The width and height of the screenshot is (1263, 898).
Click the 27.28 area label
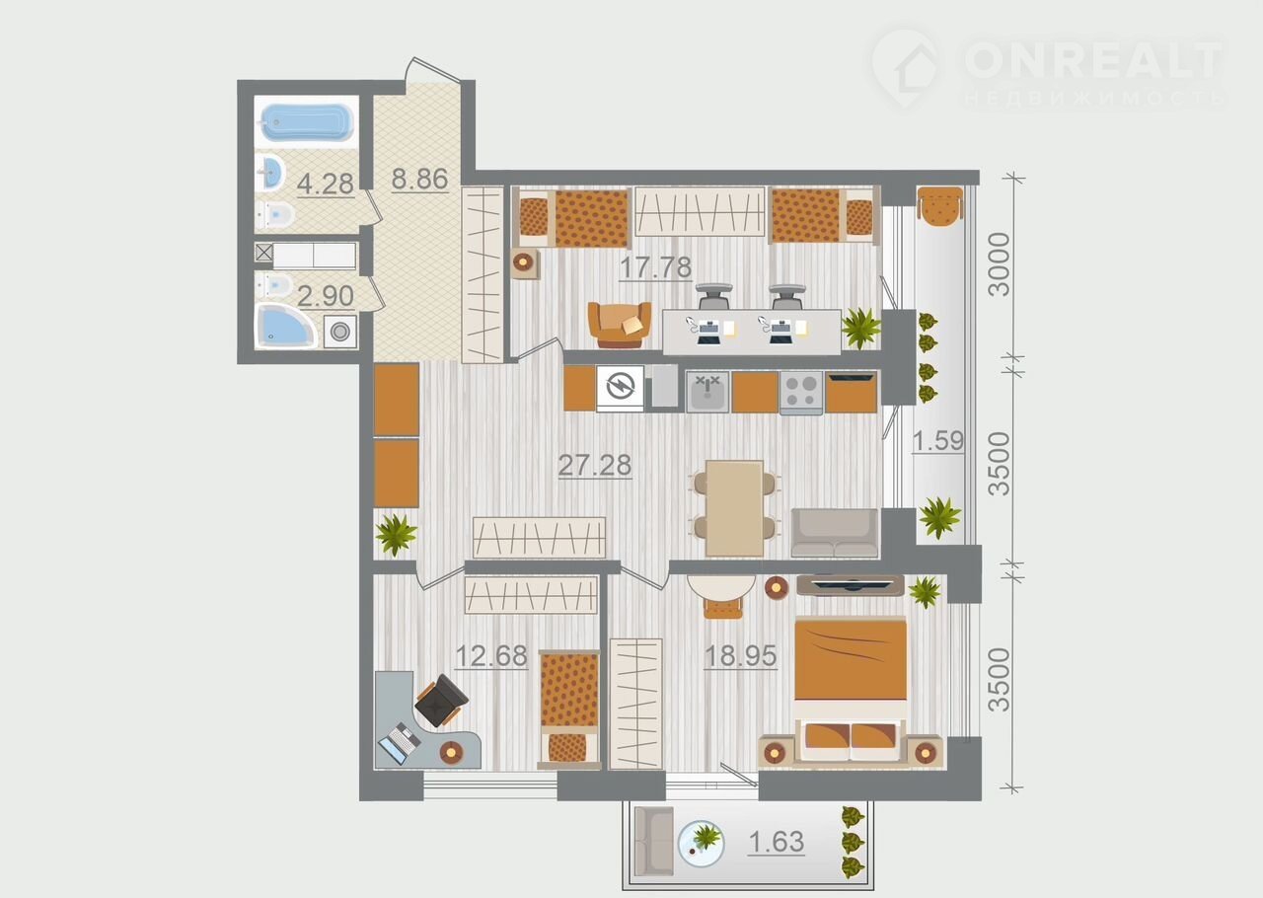pyautogui.click(x=594, y=466)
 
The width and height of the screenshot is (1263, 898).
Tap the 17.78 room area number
pyautogui.click(x=655, y=267)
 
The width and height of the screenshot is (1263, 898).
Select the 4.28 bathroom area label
pyautogui.click(x=326, y=184)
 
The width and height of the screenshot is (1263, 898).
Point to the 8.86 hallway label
pyautogui.click(x=420, y=179)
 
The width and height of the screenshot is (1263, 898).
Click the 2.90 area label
pyautogui.click(x=326, y=296)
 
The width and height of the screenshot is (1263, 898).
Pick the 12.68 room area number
pyautogui.click(x=491, y=656)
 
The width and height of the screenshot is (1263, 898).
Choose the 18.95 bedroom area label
pyautogui.click(x=741, y=656)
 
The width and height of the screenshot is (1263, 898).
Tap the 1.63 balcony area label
pyautogui.click(x=777, y=842)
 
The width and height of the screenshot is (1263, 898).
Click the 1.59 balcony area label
pyautogui.click(x=938, y=441)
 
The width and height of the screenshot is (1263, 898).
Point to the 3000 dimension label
pyautogui.click(x=1000, y=264)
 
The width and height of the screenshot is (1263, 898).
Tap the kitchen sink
pyautogui.click(x=707, y=392)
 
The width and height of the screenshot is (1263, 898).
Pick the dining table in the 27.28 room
pyautogui.click(x=735, y=508)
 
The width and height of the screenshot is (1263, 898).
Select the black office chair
pyautogui.click(x=440, y=701)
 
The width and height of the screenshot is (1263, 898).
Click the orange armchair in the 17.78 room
pyautogui.click(x=620, y=325)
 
